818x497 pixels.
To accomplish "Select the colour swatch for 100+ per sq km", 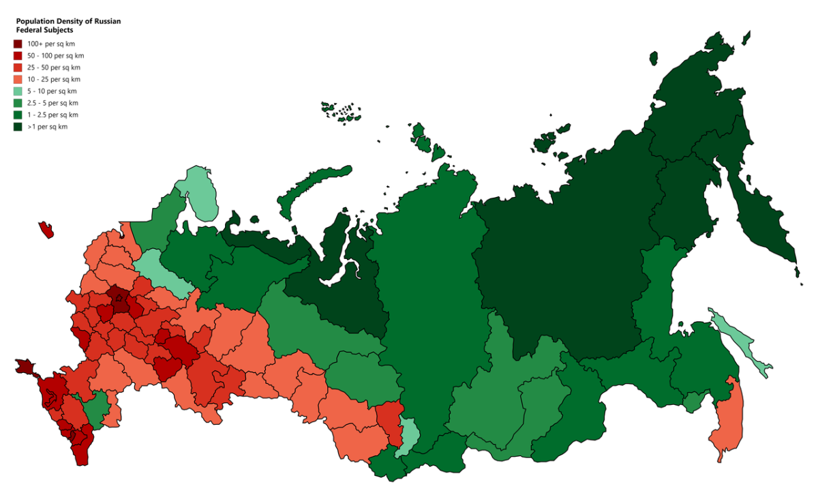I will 18,44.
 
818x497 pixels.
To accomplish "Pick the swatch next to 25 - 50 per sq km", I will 18,67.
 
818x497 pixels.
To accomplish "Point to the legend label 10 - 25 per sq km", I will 54,79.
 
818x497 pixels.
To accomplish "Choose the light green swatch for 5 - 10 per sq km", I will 18,91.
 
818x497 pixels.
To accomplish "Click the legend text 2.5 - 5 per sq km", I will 53,103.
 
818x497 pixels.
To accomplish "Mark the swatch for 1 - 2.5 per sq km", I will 18,115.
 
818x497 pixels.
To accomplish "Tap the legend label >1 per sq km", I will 48,127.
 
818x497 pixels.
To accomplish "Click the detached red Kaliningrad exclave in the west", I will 46,230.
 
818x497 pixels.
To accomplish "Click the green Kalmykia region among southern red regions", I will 96,410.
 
